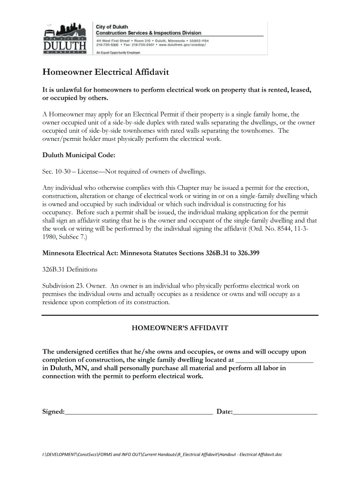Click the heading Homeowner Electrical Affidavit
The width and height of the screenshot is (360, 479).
(106, 73)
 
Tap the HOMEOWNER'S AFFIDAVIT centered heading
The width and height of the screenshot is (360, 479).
(180, 328)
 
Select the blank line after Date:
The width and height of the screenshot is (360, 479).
(275, 412)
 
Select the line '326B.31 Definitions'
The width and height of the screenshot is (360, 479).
(70, 269)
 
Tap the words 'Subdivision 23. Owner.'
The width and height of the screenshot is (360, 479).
(74, 285)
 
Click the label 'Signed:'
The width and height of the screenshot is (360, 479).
(53, 412)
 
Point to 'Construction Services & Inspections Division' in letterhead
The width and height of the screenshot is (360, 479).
(149, 33)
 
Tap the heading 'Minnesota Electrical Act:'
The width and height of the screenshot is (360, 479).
(80, 254)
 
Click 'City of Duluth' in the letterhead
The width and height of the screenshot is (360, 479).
(112, 27)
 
